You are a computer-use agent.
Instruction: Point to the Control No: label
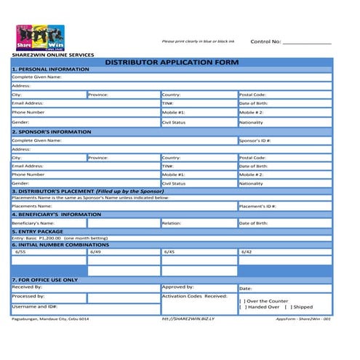coord(265,41)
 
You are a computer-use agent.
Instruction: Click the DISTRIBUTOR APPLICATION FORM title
coord(172,63)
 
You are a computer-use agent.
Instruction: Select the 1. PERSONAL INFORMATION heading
coord(50,69)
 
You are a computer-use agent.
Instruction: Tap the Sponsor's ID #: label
coord(255,140)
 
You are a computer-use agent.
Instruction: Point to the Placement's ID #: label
coord(257,206)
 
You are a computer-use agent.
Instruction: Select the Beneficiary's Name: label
coord(33,223)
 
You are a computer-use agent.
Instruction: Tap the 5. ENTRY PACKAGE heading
coord(41,231)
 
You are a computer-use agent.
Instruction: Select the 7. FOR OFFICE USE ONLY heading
coord(45,279)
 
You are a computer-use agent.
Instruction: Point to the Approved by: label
coord(177,287)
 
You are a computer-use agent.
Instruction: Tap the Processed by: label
coord(28,297)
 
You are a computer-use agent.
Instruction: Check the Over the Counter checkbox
coord(241,300)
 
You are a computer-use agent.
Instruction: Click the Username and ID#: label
coord(34,307)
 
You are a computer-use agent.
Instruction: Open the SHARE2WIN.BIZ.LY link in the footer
coord(185,319)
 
